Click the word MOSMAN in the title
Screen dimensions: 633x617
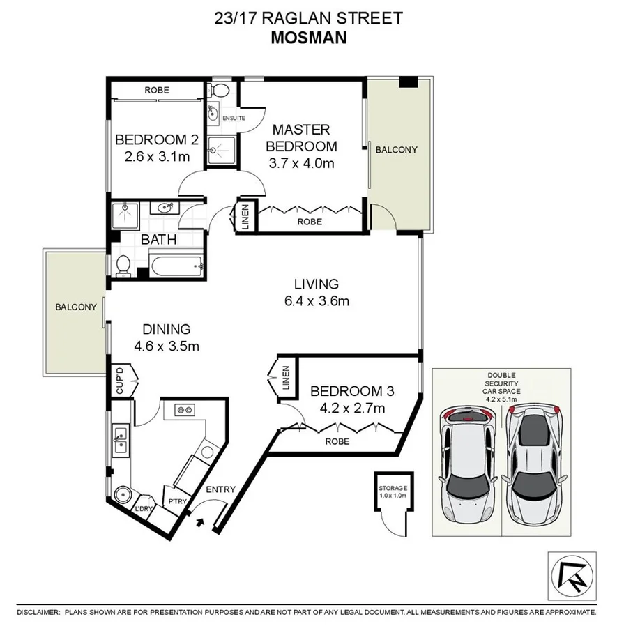[x=307, y=37]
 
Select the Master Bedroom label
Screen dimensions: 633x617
[x=302, y=137]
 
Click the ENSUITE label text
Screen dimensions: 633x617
[x=234, y=118]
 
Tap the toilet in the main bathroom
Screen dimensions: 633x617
[x=123, y=265]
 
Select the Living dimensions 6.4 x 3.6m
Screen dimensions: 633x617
[x=316, y=301]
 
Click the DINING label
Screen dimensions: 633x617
[x=167, y=329]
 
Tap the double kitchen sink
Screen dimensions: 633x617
[x=119, y=438]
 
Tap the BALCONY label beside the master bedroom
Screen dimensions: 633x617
[x=396, y=150]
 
